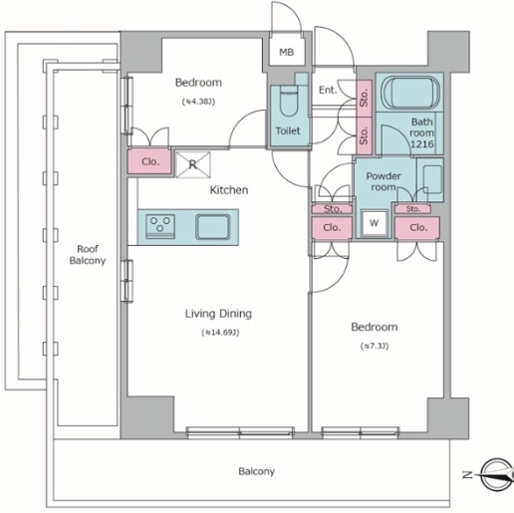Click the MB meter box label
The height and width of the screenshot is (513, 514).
286,52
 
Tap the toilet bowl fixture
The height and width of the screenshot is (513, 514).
288,101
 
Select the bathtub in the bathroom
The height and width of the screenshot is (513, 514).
410,93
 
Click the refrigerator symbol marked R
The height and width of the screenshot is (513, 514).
193,164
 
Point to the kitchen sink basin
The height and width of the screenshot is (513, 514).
213,227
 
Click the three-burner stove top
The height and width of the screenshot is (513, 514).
160,227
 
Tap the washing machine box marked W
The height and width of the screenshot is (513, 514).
375,223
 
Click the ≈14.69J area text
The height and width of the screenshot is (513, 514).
220,333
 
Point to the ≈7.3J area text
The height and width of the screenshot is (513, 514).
375,347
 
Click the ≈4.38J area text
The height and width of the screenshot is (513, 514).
198,102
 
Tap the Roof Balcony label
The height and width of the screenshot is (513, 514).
88,255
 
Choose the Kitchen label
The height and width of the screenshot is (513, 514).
229,190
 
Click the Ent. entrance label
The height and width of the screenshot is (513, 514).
328,90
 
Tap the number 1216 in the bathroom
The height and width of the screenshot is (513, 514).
422,143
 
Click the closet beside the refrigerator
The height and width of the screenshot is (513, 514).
149,161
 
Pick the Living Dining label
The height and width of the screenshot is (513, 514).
218,314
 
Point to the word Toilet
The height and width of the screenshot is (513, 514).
288,130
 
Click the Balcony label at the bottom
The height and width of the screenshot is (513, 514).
257,471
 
